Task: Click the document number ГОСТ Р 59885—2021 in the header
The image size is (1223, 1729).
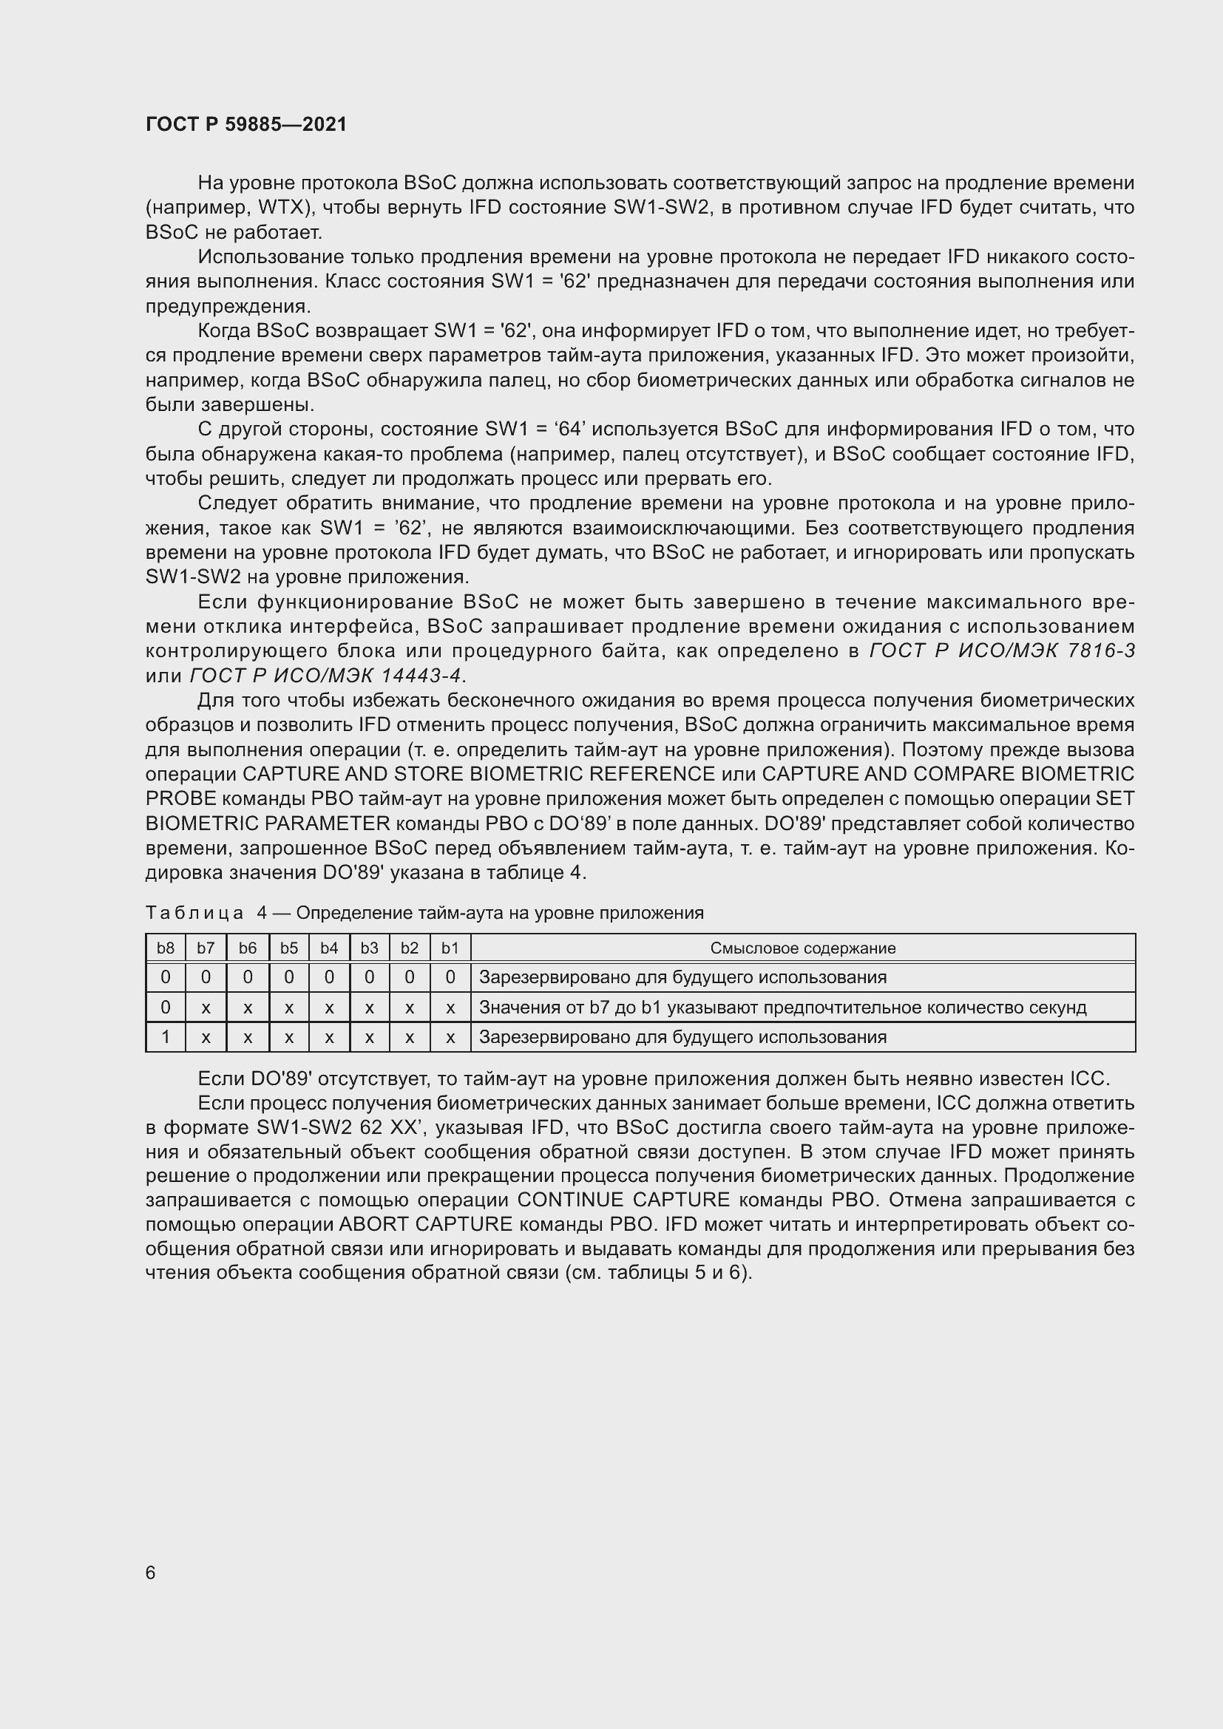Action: click(246, 124)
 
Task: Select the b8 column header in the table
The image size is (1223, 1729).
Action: click(166, 948)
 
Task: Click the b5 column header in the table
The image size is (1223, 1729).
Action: click(289, 948)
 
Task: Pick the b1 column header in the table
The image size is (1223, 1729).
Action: click(450, 948)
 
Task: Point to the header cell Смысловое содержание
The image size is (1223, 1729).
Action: click(803, 948)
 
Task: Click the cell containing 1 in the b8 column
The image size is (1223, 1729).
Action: click(166, 1037)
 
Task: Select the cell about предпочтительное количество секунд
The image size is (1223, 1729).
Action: click(782, 1008)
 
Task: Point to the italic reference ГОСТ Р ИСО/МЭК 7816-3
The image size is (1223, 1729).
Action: click(1002, 651)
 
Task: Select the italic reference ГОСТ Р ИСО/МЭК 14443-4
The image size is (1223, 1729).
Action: click(326, 676)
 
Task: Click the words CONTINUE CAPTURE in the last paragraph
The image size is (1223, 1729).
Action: click(623, 1200)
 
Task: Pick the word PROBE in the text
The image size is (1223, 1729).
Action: click(180, 799)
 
